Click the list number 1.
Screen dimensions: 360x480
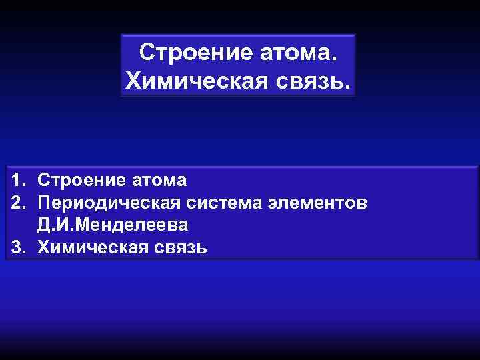pos(16,180)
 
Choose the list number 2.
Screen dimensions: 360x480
pos(16,202)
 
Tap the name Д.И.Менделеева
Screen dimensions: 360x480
pos(113,225)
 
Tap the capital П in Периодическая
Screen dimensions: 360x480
pos(45,202)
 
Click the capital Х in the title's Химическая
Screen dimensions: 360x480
pos(133,81)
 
